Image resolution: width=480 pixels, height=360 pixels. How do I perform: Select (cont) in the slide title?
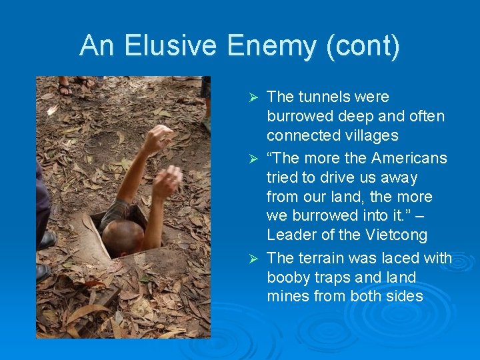pos(369,46)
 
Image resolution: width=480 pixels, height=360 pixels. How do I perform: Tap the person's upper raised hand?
pos(157,138)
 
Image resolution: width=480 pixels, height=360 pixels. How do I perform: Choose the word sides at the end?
pos(403,296)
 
